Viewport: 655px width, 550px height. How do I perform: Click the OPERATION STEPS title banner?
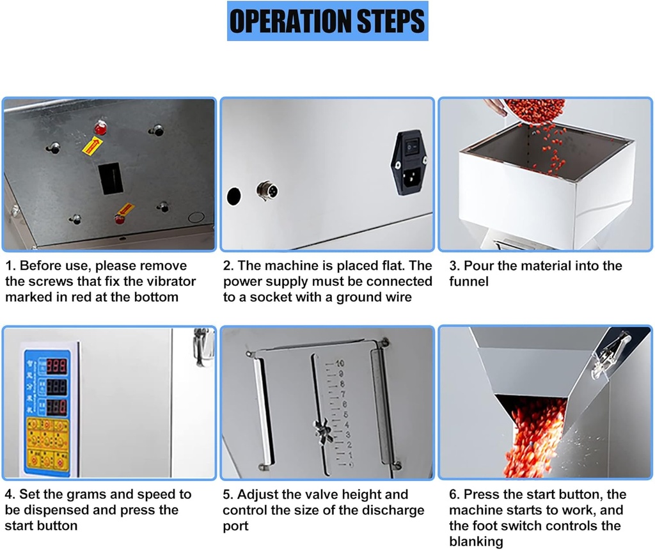327,21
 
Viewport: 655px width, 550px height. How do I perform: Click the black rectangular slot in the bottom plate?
109,179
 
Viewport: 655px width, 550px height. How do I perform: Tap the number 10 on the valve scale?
340,363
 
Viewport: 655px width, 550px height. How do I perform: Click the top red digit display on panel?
56,366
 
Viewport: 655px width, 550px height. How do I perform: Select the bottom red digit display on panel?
56,407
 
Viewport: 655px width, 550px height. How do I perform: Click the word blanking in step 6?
476,542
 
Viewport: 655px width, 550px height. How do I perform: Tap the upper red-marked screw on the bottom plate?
100,128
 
